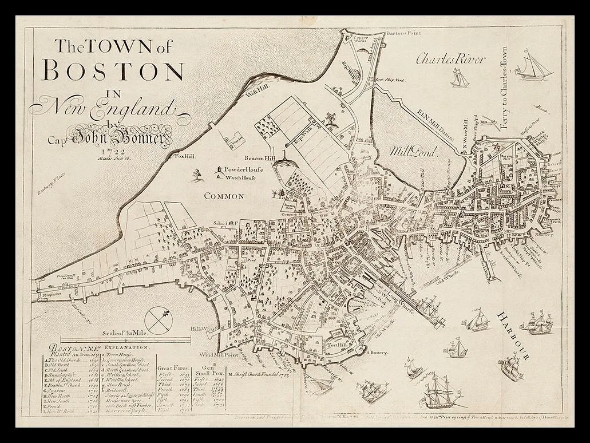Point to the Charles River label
[x=450, y=58]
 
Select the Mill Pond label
[x=413, y=152]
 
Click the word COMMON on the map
[x=224, y=196]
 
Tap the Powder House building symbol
[x=217, y=170]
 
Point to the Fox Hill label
[x=185, y=155]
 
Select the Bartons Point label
[x=403, y=34]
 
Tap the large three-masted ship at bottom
[x=438, y=391]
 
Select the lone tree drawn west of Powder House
[x=197, y=173]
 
